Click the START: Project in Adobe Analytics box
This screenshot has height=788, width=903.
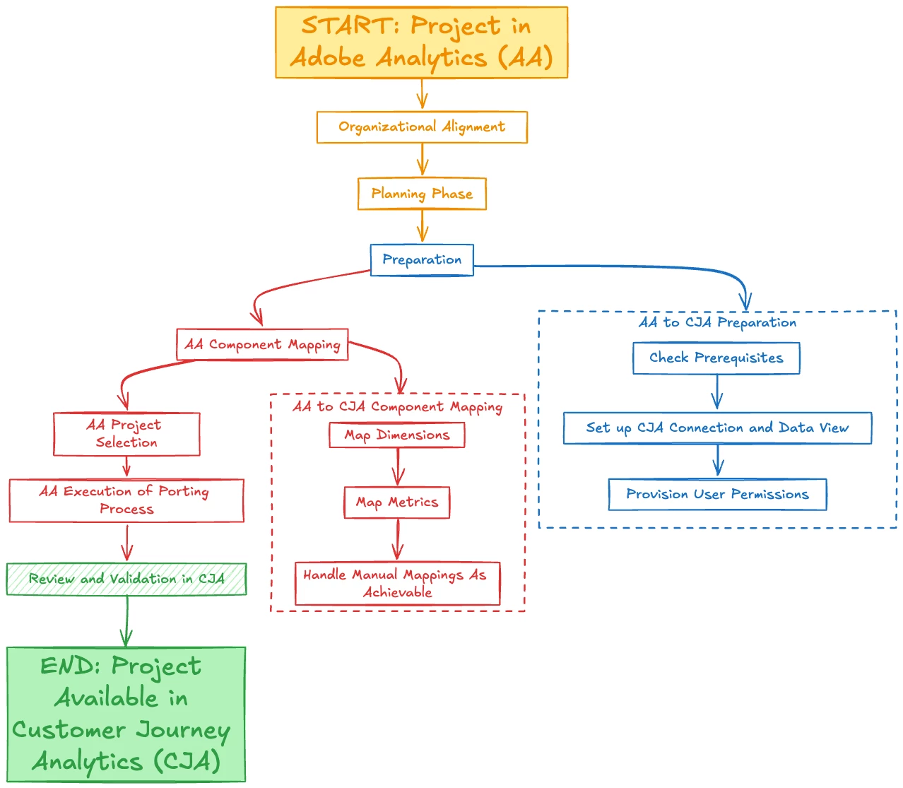[421, 42]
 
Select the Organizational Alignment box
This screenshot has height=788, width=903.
[422, 127]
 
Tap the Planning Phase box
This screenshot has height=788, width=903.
[422, 194]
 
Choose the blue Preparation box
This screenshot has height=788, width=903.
[422, 260]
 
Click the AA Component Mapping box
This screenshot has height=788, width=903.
[262, 344]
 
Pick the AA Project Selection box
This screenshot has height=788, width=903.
[126, 434]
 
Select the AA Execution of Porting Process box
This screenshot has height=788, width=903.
[126, 500]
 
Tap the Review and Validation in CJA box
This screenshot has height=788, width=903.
[126, 580]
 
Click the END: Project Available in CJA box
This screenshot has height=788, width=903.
[126, 714]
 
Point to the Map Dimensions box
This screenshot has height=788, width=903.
[397, 435]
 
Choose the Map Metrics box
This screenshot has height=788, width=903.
[397, 502]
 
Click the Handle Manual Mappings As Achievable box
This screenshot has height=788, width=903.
[397, 584]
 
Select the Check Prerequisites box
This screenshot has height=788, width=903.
[716, 358]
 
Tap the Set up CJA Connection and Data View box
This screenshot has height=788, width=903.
[717, 428]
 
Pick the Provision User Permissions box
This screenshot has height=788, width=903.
[717, 495]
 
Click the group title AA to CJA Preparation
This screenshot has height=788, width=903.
[717, 323]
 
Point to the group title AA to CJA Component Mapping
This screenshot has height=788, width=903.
[397, 407]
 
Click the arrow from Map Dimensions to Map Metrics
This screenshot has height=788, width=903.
[398, 467]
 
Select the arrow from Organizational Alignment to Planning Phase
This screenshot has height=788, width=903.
[423, 160]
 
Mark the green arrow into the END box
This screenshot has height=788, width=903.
[127, 622]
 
